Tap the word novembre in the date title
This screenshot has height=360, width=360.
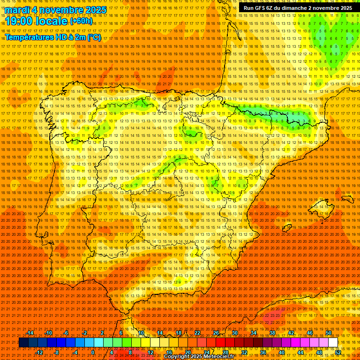click(62, 10)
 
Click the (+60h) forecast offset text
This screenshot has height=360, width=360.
click(81, 21)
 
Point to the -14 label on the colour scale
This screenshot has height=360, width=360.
click(30, 333)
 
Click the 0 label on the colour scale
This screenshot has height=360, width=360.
click(93, 352)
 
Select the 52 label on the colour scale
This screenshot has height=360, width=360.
click(338, 352)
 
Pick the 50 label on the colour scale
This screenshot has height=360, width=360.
click(329, 333)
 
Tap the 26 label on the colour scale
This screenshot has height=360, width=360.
click(216, 333)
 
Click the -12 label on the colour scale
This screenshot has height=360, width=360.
click(39, 352)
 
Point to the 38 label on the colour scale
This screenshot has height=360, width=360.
click(272, 333)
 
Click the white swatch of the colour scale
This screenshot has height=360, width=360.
click(333, 343)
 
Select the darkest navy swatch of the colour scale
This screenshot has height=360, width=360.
click(23, 343)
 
